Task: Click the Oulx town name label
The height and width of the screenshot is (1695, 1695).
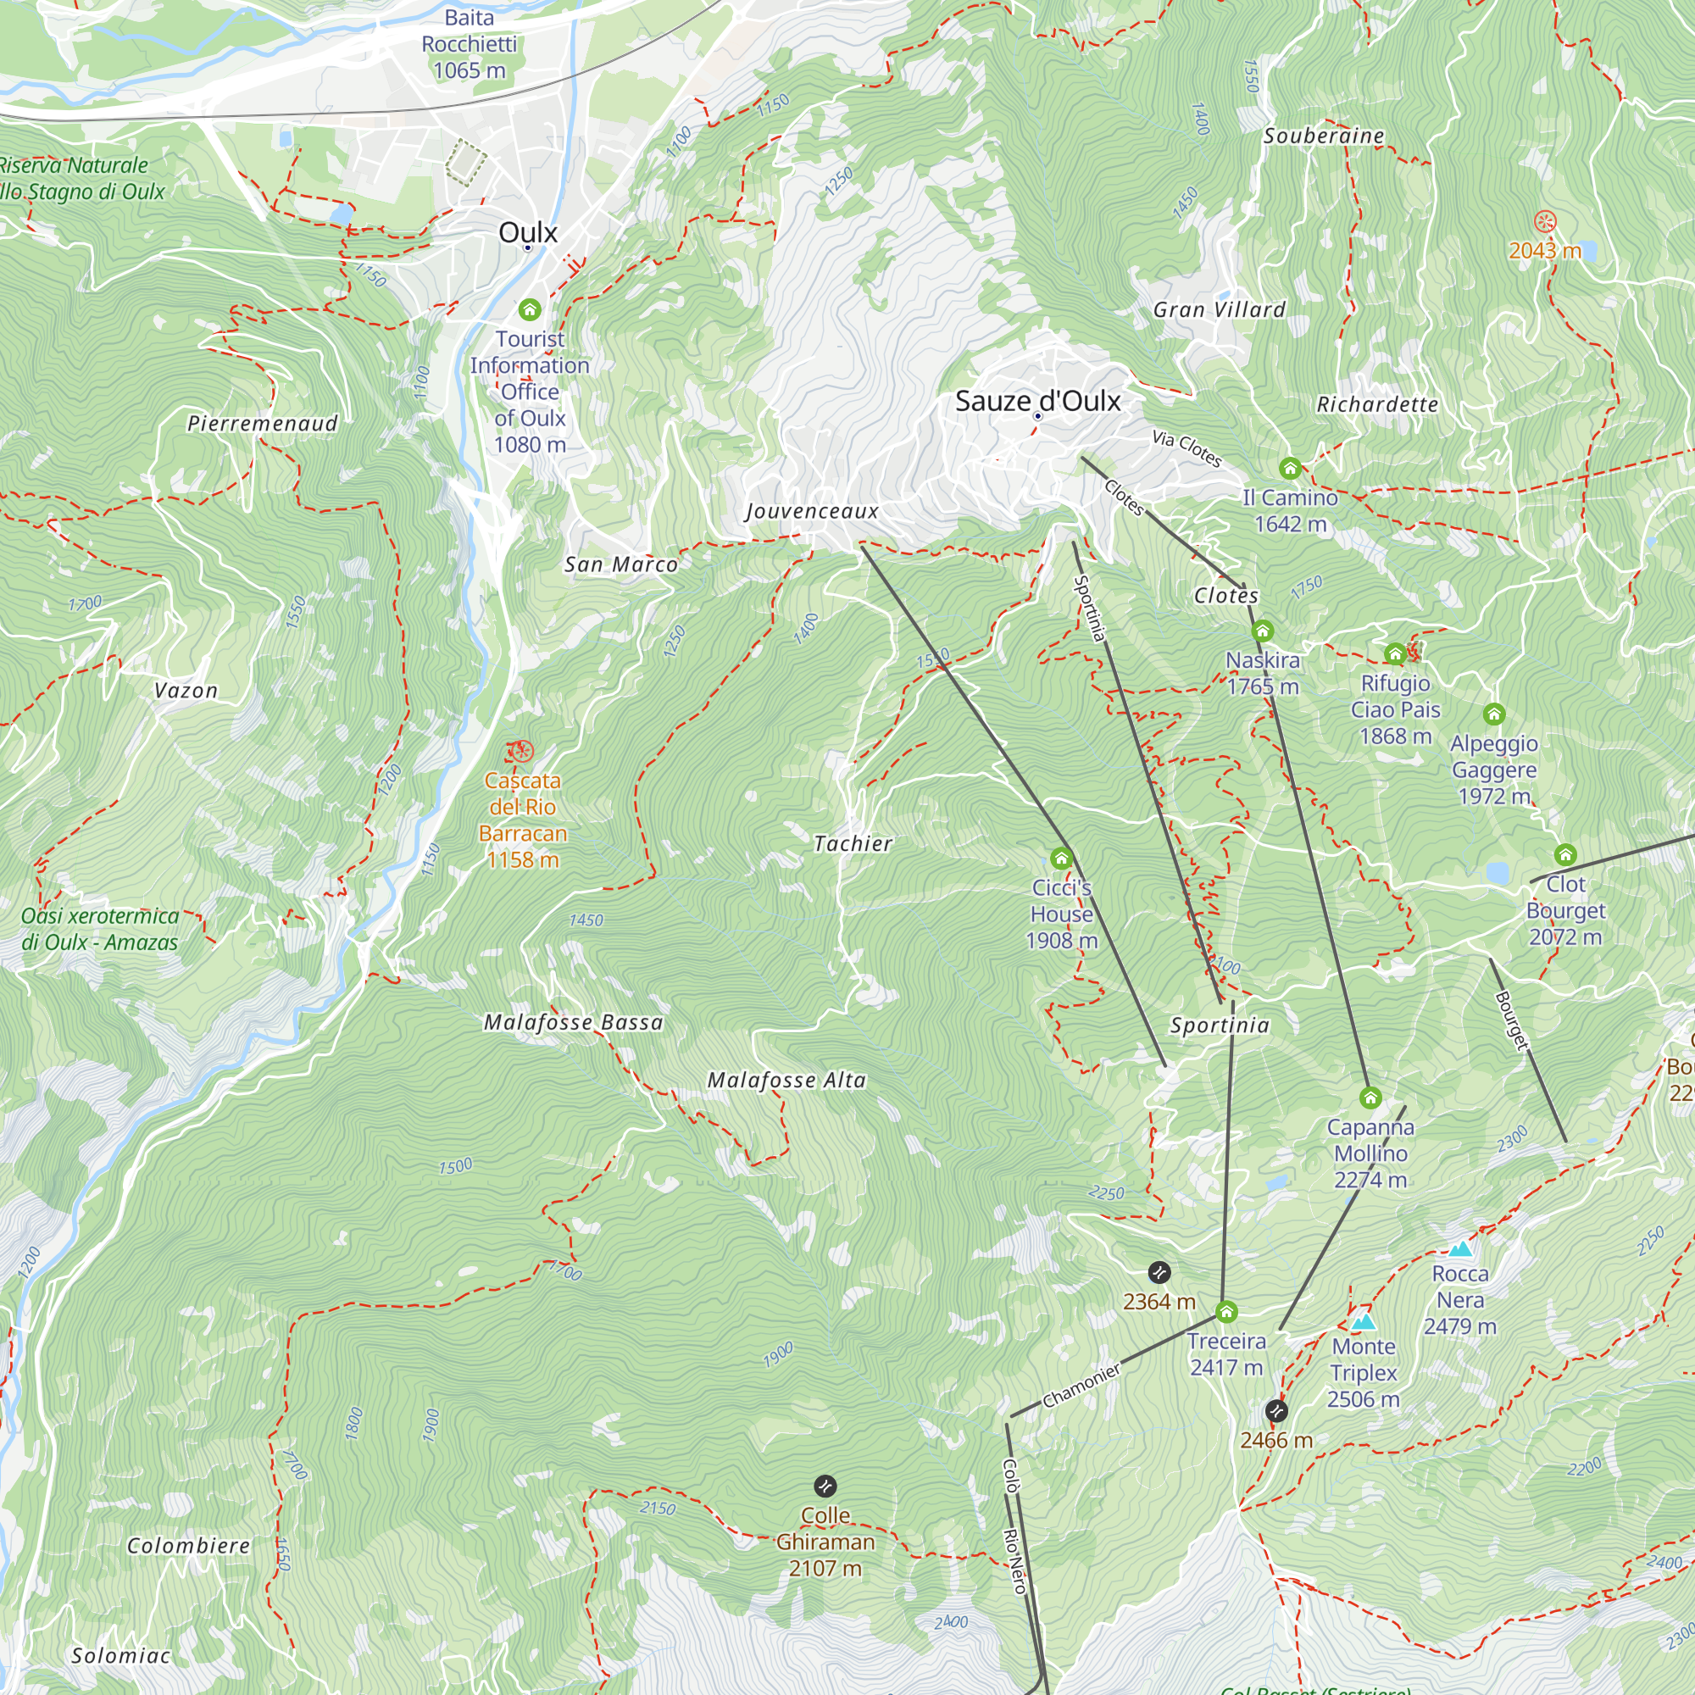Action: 527,232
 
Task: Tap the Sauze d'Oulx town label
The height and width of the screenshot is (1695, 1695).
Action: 1037,401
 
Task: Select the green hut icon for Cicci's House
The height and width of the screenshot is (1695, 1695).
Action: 1061,858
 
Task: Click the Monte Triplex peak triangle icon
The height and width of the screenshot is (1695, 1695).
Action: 1363,1321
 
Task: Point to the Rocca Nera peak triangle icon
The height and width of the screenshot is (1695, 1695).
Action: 1459,1248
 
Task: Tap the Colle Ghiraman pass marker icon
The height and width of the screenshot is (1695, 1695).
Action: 825,1486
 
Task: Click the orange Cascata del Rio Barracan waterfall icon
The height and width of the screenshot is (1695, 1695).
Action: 520,752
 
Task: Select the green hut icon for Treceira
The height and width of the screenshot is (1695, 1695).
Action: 1225,1312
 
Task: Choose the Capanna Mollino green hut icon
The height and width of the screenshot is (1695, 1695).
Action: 1370,1098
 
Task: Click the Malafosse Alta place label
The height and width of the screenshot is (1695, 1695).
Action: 787,1080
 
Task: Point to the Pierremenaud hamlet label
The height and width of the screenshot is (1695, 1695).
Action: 263,424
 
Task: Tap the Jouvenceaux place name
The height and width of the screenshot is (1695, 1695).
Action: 812,512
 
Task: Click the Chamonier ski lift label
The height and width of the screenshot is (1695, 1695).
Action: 1081,1386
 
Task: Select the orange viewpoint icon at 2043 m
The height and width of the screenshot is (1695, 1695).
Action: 1544,222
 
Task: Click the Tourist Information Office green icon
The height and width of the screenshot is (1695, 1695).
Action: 529,309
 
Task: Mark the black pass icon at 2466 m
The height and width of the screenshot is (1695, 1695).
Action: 1275,1411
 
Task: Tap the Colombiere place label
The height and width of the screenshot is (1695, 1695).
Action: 189,1545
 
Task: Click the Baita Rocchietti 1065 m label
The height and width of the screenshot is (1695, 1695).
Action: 470,44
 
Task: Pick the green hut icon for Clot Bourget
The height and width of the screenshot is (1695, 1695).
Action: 1565,854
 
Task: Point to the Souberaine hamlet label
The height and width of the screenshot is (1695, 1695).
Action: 1323,136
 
